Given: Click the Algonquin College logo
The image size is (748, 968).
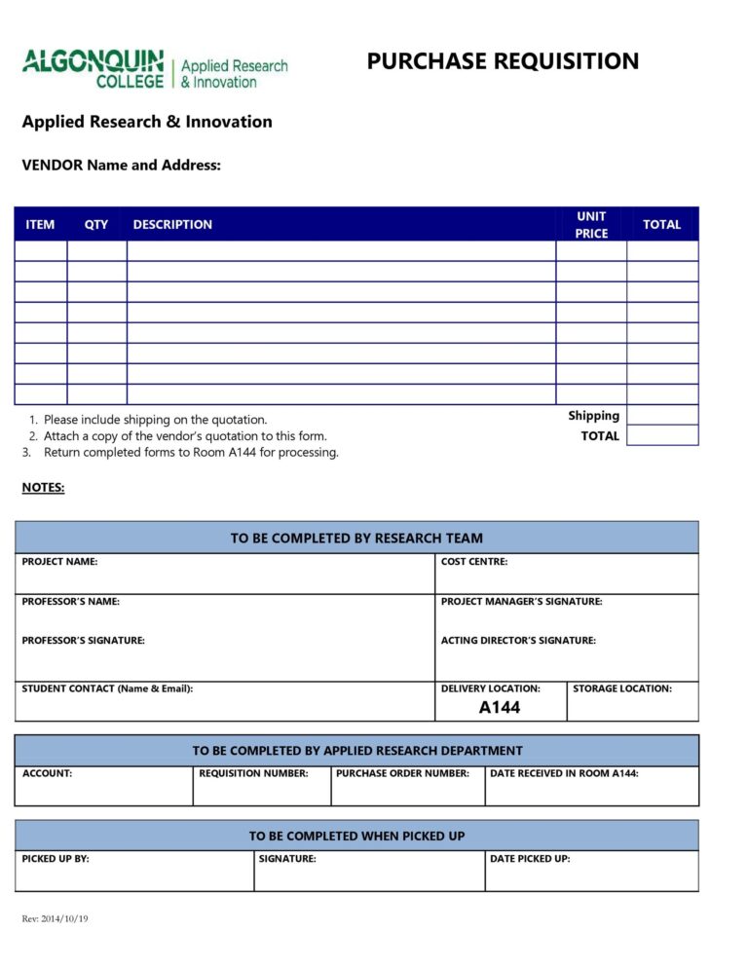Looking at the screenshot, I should point(155,69).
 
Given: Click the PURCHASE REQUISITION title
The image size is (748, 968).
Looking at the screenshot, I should point(503,61).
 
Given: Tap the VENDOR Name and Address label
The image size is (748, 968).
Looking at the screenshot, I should point(122,166).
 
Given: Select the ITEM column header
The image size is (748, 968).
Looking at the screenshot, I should point(40,225).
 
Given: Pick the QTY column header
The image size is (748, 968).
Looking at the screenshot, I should point(96,225).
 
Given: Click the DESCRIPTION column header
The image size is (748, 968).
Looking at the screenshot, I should point(172,225).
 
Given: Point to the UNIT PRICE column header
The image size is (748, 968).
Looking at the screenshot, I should point(591,225).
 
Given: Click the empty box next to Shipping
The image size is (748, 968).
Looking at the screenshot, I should point(662,416).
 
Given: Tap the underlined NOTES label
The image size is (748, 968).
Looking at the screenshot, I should point(43,488).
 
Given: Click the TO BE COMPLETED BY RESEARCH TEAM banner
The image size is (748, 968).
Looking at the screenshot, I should point(356,538).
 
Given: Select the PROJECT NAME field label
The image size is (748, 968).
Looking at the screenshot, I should point(59,562).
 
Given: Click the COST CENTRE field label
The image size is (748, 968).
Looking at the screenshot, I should point(474,562).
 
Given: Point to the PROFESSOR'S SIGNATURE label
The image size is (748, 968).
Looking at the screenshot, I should point(84,641).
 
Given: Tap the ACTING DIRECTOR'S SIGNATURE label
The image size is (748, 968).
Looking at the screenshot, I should point(518,641).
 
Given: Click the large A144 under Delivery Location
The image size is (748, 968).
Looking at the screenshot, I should point(500,708).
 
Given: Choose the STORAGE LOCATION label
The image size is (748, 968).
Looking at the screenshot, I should point(622,689).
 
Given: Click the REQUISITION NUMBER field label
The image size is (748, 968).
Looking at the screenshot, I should point(253,773).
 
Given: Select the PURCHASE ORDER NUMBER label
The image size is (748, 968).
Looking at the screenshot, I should point(402,773).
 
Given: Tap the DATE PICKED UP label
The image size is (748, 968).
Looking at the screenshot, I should point(530,859).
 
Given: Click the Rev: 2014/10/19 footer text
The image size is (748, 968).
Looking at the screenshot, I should point(55,919).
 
